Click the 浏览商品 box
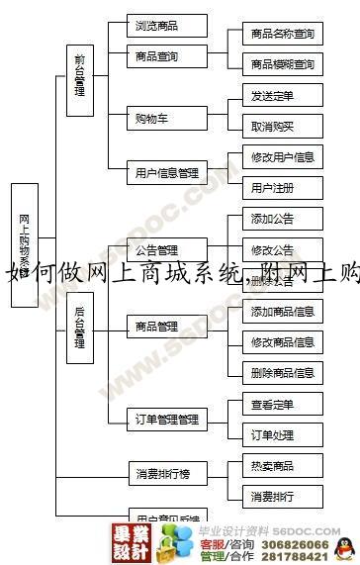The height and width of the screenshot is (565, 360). (166, 26)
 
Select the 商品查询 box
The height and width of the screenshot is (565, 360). (166, 56)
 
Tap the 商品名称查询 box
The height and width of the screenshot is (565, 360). (282, 34)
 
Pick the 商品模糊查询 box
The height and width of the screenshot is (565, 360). (282, 64)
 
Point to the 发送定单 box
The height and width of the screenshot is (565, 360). (282, 96)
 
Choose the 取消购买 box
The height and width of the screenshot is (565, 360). (282, 126)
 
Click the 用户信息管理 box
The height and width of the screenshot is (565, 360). (166, 173)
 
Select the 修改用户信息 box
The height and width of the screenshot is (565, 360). (282, 156)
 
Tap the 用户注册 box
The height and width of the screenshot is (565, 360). (282, 187)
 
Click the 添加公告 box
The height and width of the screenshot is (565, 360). (282, 219)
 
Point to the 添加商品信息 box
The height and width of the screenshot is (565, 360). (282, 312)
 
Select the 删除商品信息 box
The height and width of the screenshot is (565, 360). (282, 373)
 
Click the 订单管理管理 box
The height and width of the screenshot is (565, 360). (166, 420)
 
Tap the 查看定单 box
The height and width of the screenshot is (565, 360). (282, 404)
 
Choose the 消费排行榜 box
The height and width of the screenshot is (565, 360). (166, 474)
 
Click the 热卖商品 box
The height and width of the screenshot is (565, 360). (282, 465)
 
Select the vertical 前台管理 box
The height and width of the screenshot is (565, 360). (79, 74)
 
